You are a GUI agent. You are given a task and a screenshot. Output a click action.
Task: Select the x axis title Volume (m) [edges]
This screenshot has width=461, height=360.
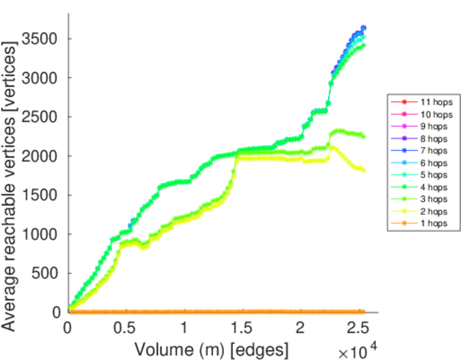[x=211, y=349]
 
